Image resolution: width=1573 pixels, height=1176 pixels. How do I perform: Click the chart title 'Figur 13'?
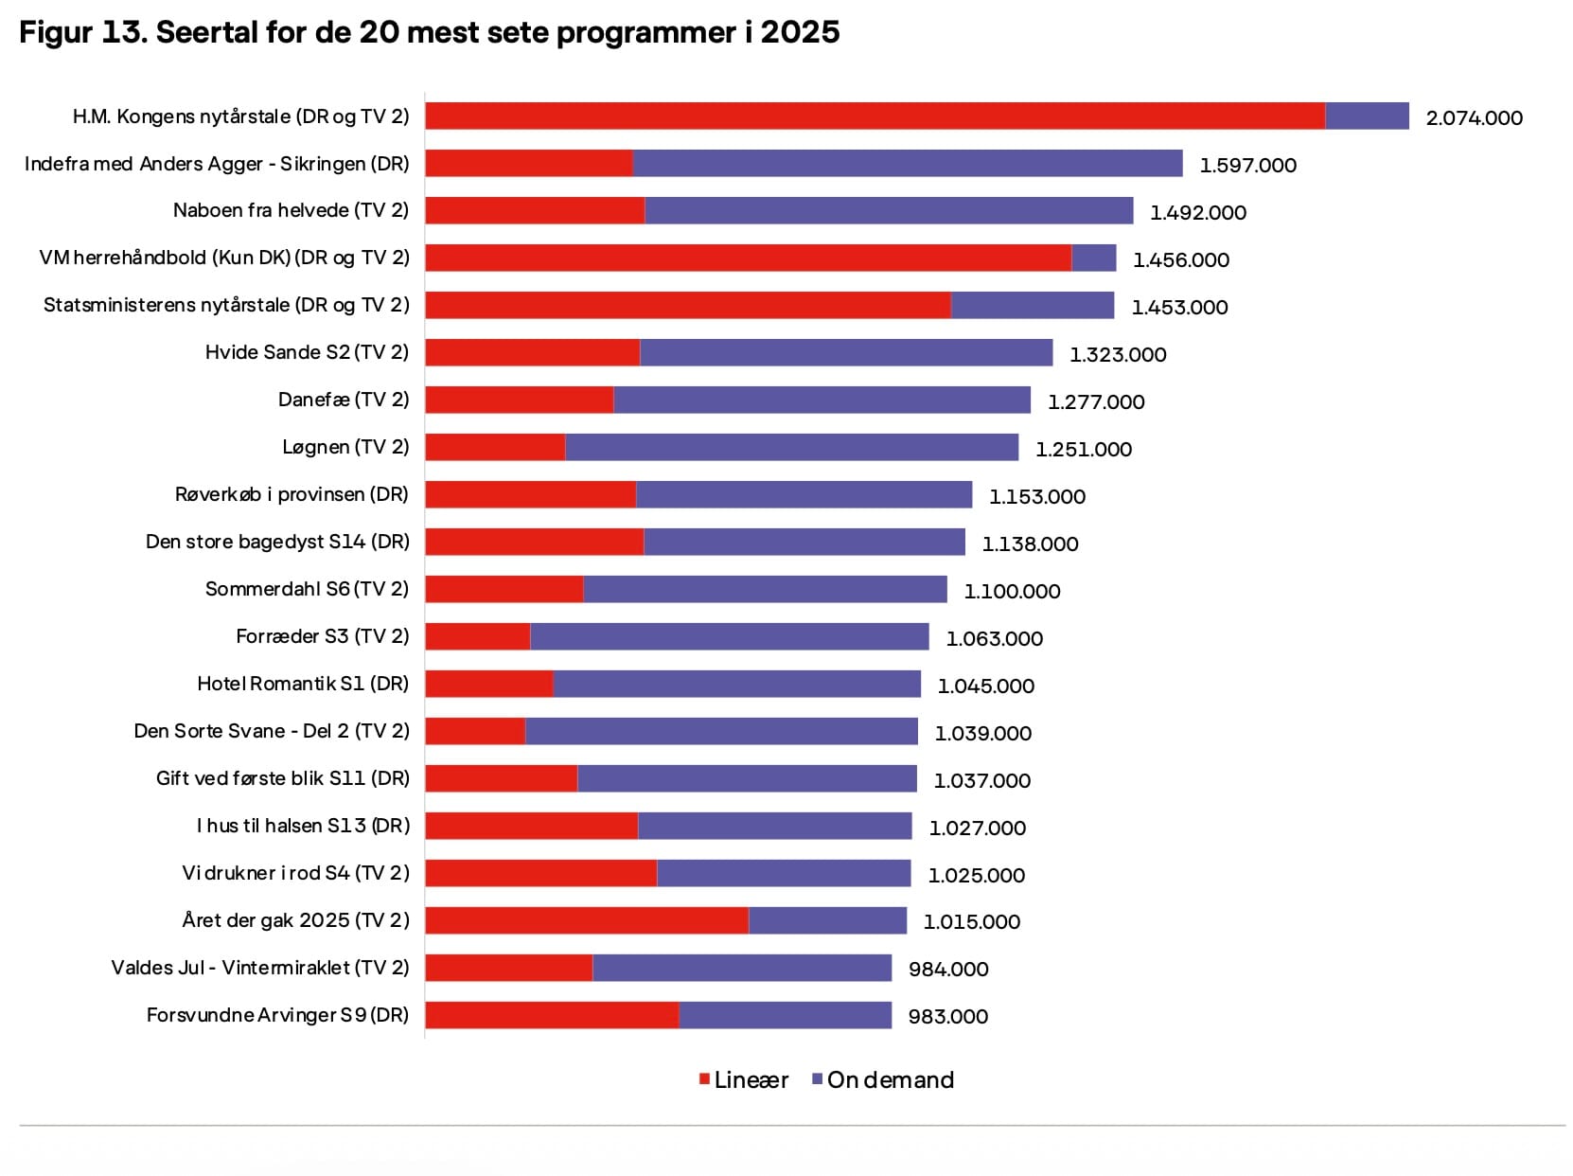click(429, 32)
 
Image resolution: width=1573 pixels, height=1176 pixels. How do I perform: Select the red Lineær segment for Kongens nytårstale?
click(875, 116)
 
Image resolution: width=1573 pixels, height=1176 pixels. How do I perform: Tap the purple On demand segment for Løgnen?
click(791, 447)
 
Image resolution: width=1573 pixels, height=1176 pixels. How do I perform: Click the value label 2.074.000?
click(1474, 118)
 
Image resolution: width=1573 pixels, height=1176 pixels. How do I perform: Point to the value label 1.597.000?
click(1247, 166)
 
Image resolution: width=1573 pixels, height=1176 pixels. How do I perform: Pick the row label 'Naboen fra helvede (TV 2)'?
click(291, 210)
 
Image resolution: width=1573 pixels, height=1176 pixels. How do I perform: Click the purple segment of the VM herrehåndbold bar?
click(1093, 258)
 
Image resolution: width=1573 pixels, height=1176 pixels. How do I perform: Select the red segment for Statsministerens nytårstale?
click(687, 305)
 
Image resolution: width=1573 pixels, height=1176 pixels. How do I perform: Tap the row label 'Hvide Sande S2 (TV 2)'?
click(307, 352)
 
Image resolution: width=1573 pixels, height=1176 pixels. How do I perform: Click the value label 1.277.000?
click(1095, 402)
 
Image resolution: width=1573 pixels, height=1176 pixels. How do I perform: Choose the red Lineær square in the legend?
click(704, 1079)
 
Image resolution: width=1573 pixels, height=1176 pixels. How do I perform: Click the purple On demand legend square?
click(818, 1079)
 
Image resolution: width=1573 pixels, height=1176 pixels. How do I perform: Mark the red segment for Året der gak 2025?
click(587, 920)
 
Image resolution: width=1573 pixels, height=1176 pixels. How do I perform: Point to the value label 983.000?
click(947, 1017)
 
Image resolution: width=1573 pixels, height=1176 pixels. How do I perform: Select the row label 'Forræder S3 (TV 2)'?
click(322, 636)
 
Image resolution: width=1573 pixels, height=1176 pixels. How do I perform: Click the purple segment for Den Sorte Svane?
click(721, 731)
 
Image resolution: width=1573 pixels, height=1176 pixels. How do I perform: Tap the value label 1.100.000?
click(1012, 592)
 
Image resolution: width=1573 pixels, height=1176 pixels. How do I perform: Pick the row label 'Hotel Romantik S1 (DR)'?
click(303, 684)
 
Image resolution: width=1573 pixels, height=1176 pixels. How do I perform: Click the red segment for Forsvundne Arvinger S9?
click(552, 1015)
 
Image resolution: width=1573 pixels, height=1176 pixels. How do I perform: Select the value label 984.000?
click(947, 970)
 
